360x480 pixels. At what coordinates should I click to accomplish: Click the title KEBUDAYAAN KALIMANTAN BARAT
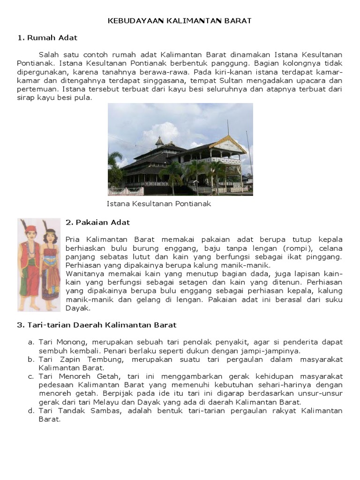tap(180, 21)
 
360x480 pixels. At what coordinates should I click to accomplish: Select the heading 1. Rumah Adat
tap(47, 37)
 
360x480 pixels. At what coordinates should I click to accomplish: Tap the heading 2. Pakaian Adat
tap(97, 222)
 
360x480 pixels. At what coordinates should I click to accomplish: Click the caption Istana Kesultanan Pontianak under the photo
tap(159, 204)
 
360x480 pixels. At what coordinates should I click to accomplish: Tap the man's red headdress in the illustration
tap(31, 229)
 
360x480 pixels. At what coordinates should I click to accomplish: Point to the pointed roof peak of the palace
tap(159, 139)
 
